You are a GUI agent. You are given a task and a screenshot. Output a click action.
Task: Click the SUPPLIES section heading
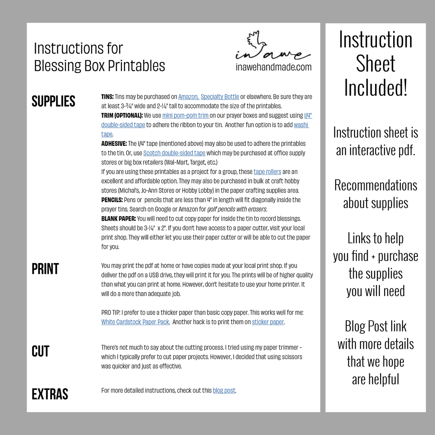(x=54, y=101)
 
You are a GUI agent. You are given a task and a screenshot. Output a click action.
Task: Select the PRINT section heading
(x=46, y=269)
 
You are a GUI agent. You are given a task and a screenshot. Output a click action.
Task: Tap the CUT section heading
(x=41, y=351)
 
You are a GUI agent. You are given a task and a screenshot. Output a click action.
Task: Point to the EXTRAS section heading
(x=50, y=394)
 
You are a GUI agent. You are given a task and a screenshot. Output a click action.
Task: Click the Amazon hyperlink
(x=188, y=97)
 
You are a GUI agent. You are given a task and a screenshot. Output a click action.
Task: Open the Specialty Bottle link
(x=220, y=97)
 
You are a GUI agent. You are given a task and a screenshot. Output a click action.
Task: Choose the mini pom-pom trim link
(x=185, y=116)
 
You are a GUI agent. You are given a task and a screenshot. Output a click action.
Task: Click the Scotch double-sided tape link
(x=174, y=153)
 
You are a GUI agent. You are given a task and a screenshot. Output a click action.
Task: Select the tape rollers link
(x=267, y=172)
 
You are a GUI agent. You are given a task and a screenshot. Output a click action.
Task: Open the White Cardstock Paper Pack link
(x=136, y=322)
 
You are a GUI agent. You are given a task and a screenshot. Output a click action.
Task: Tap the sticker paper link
(x=268, y=322)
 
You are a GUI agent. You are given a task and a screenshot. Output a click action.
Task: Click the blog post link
(x=224, y=390)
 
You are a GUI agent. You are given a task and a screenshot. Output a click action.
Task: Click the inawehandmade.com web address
(x=273, y=67)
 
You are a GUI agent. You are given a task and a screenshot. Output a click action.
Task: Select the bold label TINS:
(x=108, y=97)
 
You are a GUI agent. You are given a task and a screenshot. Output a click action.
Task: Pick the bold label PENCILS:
(x=112, y=200)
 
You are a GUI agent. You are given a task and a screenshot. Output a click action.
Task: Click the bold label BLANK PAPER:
(x=118, y=219)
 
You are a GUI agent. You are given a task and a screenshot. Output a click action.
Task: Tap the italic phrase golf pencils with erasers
(x=237, y=209)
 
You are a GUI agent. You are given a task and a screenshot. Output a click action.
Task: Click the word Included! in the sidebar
(x=375, y=87)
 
